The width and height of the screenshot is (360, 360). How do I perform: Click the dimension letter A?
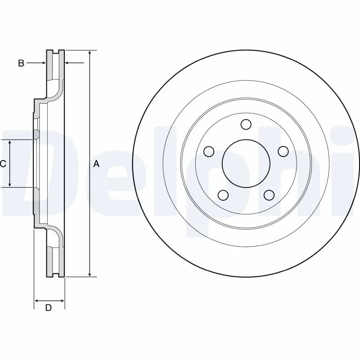click(96, 164)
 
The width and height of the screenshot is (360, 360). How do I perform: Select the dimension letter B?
click(21, 63)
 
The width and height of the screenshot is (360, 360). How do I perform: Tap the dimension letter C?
click(3, 164)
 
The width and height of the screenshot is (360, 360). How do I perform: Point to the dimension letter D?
click(49, 308)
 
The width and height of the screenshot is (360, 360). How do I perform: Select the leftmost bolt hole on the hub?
click(208, 151)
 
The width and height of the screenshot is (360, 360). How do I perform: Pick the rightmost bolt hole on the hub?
click(283, 151)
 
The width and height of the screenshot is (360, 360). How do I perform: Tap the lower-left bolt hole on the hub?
click(223, 195)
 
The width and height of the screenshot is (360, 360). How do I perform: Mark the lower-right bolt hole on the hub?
click(269, 195)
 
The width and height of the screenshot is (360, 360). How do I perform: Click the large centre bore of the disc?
click(246, 164)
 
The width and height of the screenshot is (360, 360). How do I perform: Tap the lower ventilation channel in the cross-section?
click(56, 261)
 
